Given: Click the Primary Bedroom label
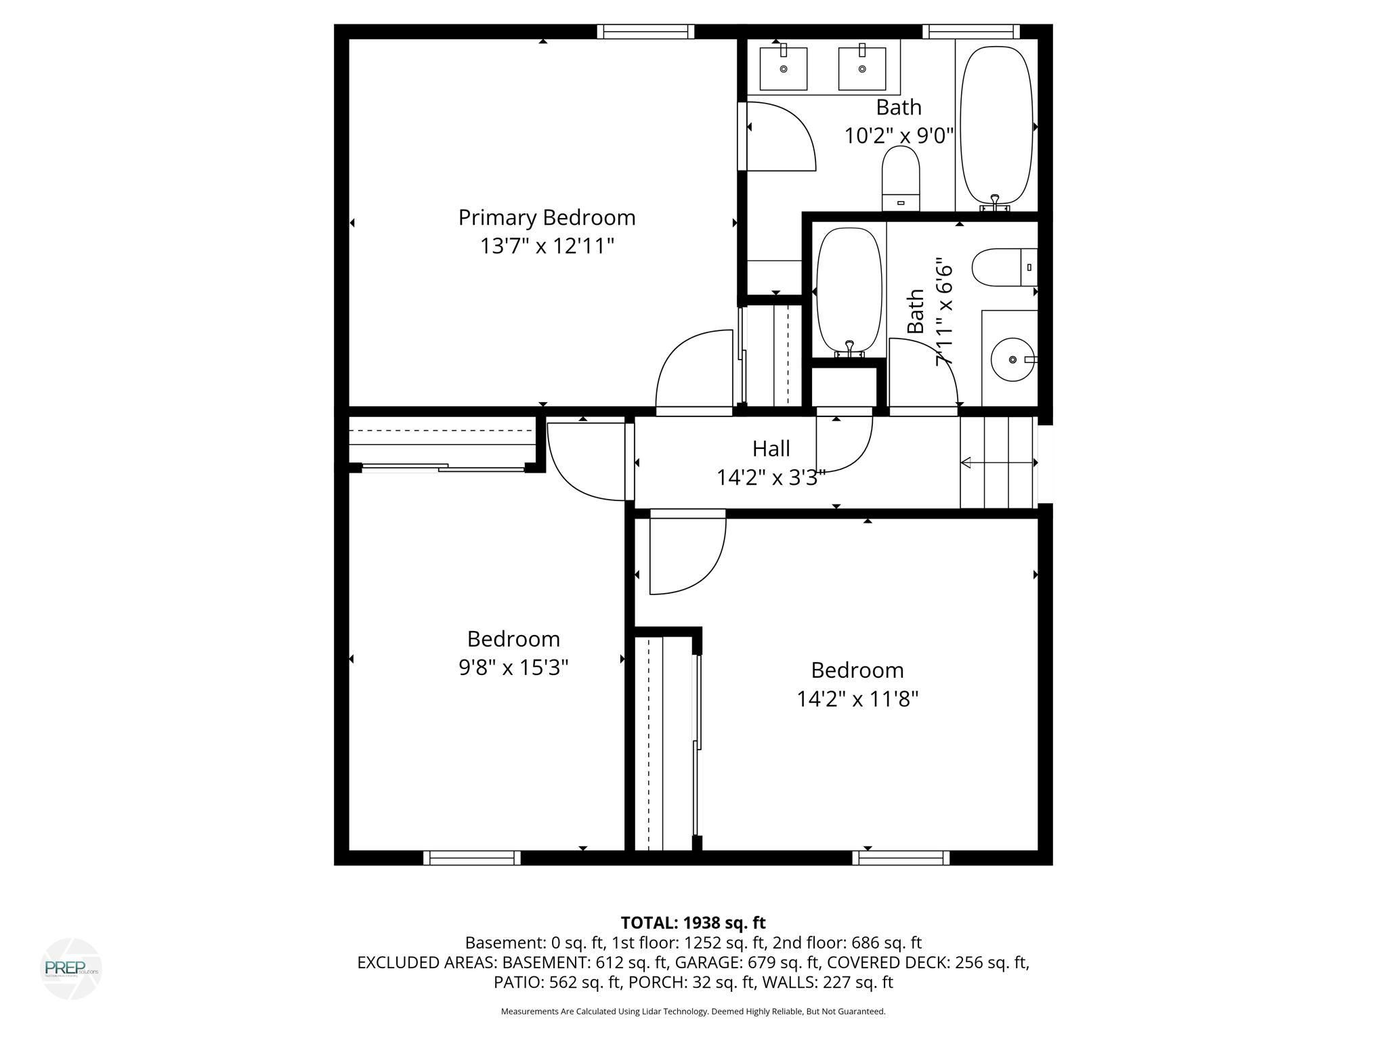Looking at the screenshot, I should pos(547,218).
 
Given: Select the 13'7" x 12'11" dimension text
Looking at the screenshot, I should pos(547,246).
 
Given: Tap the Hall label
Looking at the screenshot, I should pos(771,449).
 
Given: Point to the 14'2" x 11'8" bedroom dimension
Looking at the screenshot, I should pos(857,699).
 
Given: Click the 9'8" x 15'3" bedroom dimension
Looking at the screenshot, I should pos(513,668).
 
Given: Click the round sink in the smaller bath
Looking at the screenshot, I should pos(1012,360).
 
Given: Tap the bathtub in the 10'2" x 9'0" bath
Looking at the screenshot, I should pos(996,125).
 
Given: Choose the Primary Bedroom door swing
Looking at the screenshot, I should pos(693,369).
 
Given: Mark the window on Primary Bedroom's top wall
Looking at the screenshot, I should pos(645,32).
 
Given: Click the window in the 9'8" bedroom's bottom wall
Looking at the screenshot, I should pos(471,858).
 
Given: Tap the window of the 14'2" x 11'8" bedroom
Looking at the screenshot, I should pos(900,858).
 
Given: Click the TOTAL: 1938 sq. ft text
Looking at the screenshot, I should pos(693,923).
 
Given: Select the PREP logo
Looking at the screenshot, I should pos(71,968).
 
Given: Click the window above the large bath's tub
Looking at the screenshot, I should pos(970,32).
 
